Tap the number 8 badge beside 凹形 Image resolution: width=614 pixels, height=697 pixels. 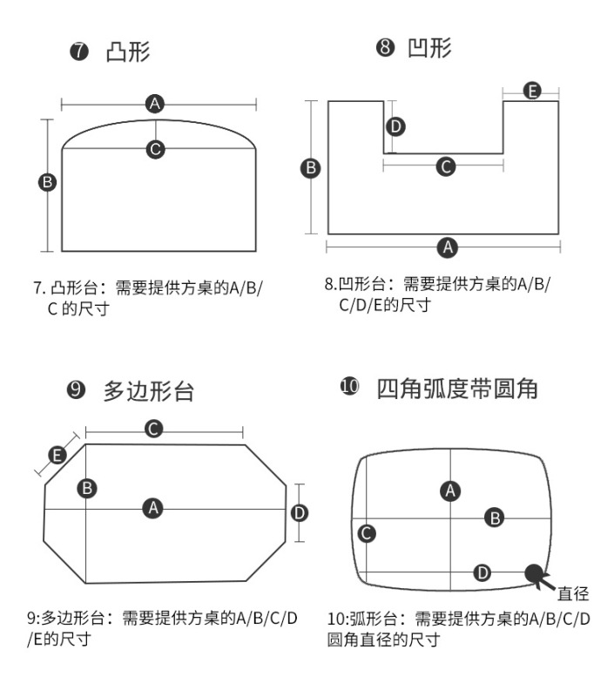[x=385, y=48]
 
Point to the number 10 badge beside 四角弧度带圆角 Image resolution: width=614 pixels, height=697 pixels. [x=349, y=388]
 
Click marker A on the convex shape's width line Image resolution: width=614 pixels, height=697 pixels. [x=156, y=105]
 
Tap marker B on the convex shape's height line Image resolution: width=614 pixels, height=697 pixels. [x=48, y=182]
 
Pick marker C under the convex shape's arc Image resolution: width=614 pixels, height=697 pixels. [x=156, y=149]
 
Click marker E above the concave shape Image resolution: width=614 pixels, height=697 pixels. [x=532, y=91]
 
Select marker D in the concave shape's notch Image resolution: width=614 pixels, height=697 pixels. [x=395, y=127]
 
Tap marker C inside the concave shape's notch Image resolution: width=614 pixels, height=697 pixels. [x=445, y=166]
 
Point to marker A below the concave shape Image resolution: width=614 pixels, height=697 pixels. [x=448, y=247]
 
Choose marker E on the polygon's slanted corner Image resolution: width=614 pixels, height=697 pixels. [x=57, y=455]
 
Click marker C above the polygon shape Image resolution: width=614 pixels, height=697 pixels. [x=153, y=429]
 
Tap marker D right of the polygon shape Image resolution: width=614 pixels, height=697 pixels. [x=299, y=513]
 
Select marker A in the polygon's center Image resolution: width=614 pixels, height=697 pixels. [x=153, y=508]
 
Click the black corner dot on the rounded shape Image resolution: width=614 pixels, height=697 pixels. [x=532, y=572]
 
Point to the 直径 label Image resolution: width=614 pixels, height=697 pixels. [x=573, y=594]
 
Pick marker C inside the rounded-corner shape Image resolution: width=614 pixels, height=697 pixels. [x=368, y=532]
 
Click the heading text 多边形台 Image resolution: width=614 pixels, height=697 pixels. [x=149, y=391]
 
